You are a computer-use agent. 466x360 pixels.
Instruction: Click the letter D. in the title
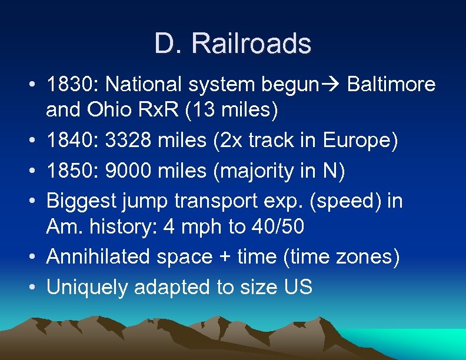coord(169,44)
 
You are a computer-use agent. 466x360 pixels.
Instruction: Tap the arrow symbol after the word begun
coord(334,85)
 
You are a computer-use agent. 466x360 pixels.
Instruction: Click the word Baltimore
coord(392,85)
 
